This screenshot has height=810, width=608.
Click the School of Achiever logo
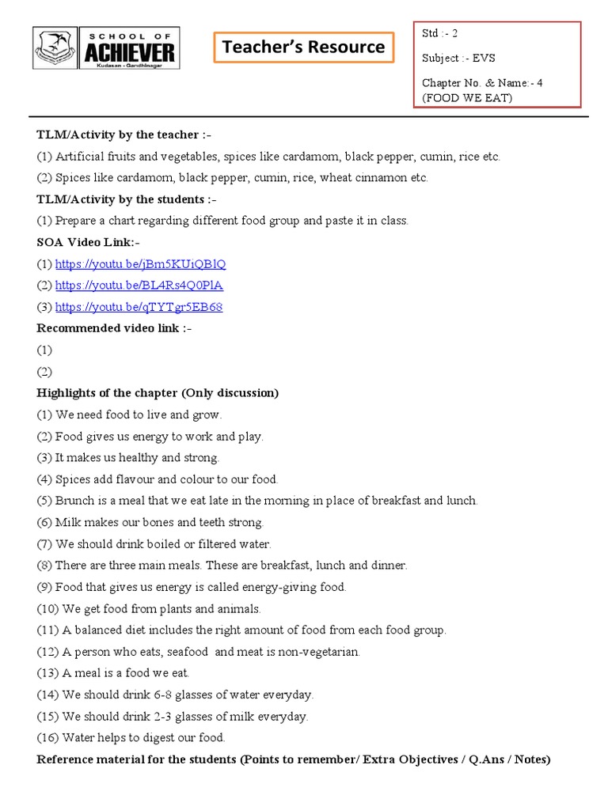tap(106, 47)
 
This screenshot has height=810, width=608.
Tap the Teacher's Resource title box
tap(304, 47)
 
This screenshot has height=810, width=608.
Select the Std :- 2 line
tap(439, 33)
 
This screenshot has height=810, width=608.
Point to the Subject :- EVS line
tap(459, 58)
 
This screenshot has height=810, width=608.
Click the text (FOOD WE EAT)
tap(467, 97)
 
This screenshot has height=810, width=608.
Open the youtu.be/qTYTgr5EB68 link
tap(139, 307)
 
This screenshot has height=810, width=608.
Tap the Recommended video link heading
tap(114, 328)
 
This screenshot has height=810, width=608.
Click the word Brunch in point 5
tap(74, 501)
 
